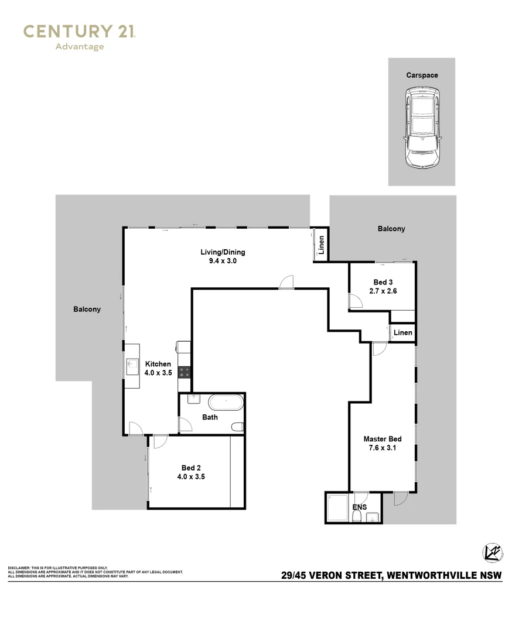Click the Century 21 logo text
(x=80, y=32)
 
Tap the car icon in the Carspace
(x=422, y=128)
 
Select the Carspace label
(x=422, y=75)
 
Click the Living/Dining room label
(x=223, y=252)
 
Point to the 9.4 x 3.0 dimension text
(x=223, y=261)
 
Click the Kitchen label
(x=158, y=364)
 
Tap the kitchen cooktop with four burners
(x=185, y=372)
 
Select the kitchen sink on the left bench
(x=132, y=367)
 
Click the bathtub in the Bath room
(x=226, y=403)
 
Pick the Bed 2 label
(x=191, y=468)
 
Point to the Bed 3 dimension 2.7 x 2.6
(x=383, y=291)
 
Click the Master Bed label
(x=383, y=439)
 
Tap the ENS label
(x=360, y=507)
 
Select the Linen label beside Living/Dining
(x=322, y=245)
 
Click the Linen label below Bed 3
(x=403, y=332)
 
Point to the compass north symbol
(x=493, y=553)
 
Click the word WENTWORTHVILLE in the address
(x=432, y=575)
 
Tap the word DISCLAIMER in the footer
(x=19, y=568)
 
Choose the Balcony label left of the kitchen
(x=87, y=309)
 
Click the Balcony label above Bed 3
(x=391, y=229)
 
